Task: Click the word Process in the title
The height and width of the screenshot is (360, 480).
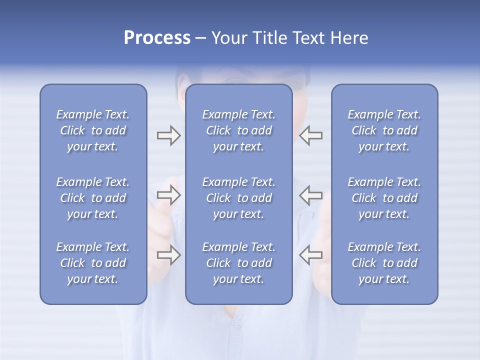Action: pos(157,38)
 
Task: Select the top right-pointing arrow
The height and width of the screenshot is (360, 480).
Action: pos(168,135)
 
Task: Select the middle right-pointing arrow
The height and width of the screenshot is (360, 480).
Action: pos(168,195)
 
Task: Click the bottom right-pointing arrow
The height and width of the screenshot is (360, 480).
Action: pos(168,255)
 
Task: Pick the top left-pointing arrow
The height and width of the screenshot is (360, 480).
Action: pos(310,135)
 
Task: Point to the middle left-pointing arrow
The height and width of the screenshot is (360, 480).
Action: pos(310,195)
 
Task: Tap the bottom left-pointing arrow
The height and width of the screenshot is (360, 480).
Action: pos(310,255)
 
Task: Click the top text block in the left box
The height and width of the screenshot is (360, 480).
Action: pos(93,130)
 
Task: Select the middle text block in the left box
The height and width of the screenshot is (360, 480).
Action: pos(93,198)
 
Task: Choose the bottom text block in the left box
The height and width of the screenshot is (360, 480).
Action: pos(93,263)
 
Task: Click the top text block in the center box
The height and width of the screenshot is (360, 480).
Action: pos(238,130)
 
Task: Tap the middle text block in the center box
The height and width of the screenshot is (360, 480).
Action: pos(238,198)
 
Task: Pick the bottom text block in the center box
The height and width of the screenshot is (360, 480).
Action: pos(238,263)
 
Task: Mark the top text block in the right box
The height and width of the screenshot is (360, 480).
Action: pos(384,130)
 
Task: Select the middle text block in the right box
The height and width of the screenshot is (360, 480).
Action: pos(384,198)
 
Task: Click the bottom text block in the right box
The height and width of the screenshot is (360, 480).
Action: pos(384,263)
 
